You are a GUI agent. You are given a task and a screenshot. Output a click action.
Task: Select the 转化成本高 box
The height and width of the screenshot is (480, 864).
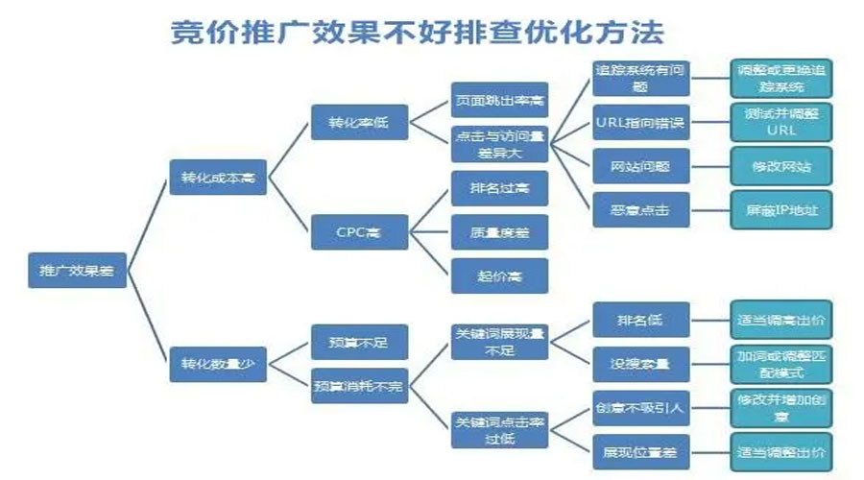(218, 178)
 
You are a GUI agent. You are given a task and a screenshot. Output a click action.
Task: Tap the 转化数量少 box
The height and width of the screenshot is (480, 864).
(218, 364)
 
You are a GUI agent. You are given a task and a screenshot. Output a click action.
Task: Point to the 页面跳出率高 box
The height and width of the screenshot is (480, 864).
(499, 100)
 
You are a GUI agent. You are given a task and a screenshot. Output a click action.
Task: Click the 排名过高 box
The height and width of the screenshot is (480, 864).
(499, 188)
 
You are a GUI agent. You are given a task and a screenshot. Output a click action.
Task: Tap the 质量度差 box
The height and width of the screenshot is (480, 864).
(499, 231)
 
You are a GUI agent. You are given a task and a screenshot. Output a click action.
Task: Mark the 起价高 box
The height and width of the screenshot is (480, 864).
(499, 276)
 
